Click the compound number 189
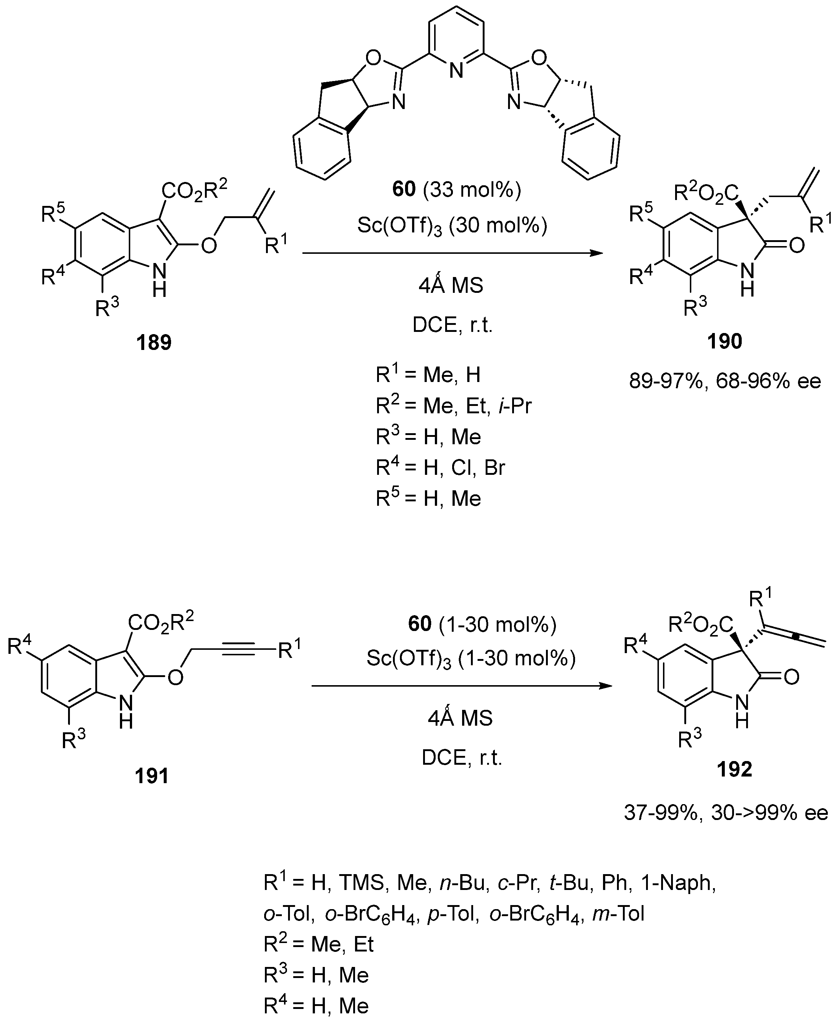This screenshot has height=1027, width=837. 154,343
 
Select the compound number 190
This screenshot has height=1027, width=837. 725,341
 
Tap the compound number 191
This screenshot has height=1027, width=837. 152,775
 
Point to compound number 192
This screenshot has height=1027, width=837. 734,769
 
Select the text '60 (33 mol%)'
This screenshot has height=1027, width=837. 457,190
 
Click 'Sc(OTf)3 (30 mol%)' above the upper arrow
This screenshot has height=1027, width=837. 452,225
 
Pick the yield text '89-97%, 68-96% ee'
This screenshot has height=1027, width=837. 725,381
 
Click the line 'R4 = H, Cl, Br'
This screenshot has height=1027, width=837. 440,467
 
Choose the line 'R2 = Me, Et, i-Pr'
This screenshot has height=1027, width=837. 453,406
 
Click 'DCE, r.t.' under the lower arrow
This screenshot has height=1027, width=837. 461,758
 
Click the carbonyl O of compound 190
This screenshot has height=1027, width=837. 797,245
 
